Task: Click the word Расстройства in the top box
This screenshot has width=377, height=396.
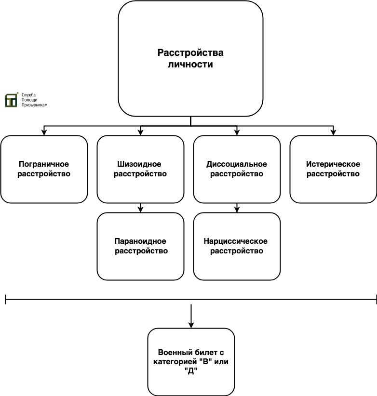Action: [190, 53]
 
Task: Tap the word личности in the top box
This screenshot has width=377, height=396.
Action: [190, 64]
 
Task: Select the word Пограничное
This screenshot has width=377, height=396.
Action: [44, 164]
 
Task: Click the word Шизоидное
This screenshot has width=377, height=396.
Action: [139, 164]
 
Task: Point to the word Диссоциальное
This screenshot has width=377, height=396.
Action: [237, 164]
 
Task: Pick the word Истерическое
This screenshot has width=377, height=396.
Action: [333, 164]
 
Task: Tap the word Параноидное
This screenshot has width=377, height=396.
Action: [140, 241]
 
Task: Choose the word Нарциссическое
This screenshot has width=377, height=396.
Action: [236, 241]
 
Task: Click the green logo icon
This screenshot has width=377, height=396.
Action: [12, 100]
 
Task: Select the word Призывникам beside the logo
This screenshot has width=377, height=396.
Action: [34, 105]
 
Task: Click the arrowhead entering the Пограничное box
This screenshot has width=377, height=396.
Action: [44, 132]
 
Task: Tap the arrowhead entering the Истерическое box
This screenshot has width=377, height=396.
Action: [333, 132]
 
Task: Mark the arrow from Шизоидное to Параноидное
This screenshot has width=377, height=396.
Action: [140, 208]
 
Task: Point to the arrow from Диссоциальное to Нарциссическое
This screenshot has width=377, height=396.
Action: [237, 208]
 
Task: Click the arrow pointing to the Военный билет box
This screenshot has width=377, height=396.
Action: [191, 316]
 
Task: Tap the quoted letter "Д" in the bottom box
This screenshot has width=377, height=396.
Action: [191, 371]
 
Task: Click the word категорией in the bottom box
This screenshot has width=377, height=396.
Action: [175, 362]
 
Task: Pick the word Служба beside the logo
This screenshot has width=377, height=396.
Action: [28, 95]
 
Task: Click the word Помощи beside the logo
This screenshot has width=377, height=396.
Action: [29, 100]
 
